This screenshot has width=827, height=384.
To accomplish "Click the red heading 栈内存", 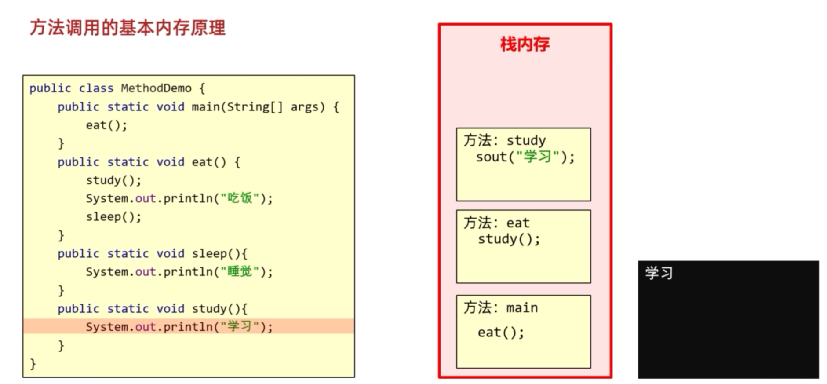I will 525,44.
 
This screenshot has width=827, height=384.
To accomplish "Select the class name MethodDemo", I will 156,88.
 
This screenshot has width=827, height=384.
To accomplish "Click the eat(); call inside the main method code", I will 106,125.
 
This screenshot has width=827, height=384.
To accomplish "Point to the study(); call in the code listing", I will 113,180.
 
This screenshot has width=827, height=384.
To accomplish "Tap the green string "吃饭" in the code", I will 240,198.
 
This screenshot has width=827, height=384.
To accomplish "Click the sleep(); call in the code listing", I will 113,217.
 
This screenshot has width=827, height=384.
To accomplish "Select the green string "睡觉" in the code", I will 240,272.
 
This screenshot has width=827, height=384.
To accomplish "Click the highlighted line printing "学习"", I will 179,327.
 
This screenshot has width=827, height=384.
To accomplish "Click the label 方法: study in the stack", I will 505,140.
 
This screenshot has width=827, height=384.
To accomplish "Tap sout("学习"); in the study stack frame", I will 525,157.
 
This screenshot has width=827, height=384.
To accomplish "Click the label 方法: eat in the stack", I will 496,223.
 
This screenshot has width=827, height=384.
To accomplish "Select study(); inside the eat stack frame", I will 509,239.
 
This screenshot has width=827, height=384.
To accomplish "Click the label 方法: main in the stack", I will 500,307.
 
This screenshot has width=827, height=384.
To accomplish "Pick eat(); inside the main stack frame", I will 501,333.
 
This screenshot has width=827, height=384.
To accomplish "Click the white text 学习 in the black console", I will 659,273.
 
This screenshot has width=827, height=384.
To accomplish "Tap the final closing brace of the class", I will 33,364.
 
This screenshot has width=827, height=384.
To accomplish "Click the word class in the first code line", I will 96,88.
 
